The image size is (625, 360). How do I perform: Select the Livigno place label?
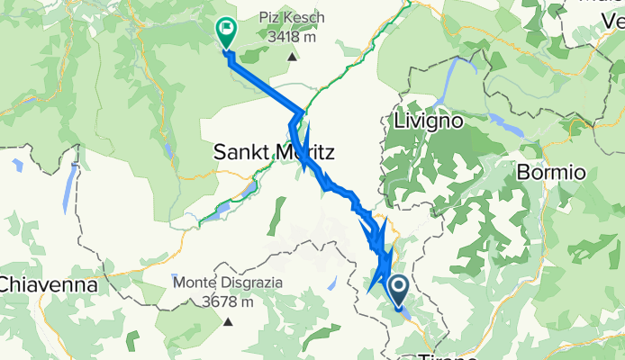click(428, 120)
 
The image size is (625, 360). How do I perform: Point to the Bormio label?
click(552, 172)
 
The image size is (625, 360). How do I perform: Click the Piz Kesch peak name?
click(292, 18)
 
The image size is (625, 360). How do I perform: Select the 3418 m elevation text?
click(292, 37)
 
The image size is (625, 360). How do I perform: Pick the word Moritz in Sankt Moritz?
click(303, 152)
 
